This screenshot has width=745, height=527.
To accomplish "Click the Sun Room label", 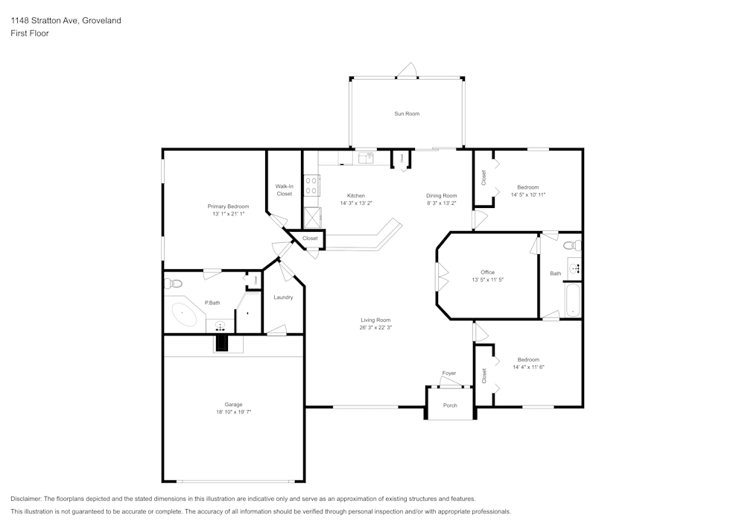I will pyautogui.click(x=407, y=114).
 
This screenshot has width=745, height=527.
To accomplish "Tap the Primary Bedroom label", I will pyautogui.click(x=228, y=206).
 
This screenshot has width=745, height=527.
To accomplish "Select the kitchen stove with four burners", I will pyautogui.click(x=311, y=185).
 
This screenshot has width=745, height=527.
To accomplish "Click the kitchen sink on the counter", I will pyautogui.click(x=366, y=157).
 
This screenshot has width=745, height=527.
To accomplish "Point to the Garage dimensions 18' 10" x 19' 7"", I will pyautogui.click(x=233, y=411).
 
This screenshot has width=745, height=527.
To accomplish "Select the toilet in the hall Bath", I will pyautogui.click(x=570, y=245).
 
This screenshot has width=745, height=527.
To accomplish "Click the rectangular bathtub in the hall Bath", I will pyautogui.click(x=572, y=300).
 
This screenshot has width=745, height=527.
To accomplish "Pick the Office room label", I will pyautogui.click(x=487, y=272).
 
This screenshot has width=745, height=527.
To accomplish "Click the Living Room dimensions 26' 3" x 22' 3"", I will pyautogui.click(x=375, y=327).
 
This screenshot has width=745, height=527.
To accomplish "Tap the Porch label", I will pyautogui.click(x=450, y=405).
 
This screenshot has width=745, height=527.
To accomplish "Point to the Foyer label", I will pyautogui.click(x=449, y=373).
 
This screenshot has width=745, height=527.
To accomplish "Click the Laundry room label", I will pyautogui.click(x=283, y=297).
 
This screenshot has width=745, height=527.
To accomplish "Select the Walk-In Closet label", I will pyautogui.click(x=284, y=190).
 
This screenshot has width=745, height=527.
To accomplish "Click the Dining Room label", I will pyautogui.click(x=441, y=195).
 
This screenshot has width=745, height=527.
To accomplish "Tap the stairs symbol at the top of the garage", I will pyautogui.click(x=222, y=343).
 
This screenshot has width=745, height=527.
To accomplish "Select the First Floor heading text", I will pyautogui.click(x=30, y=34).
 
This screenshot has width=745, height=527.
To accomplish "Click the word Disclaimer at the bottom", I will pyautogui.click(x=26, y=499).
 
